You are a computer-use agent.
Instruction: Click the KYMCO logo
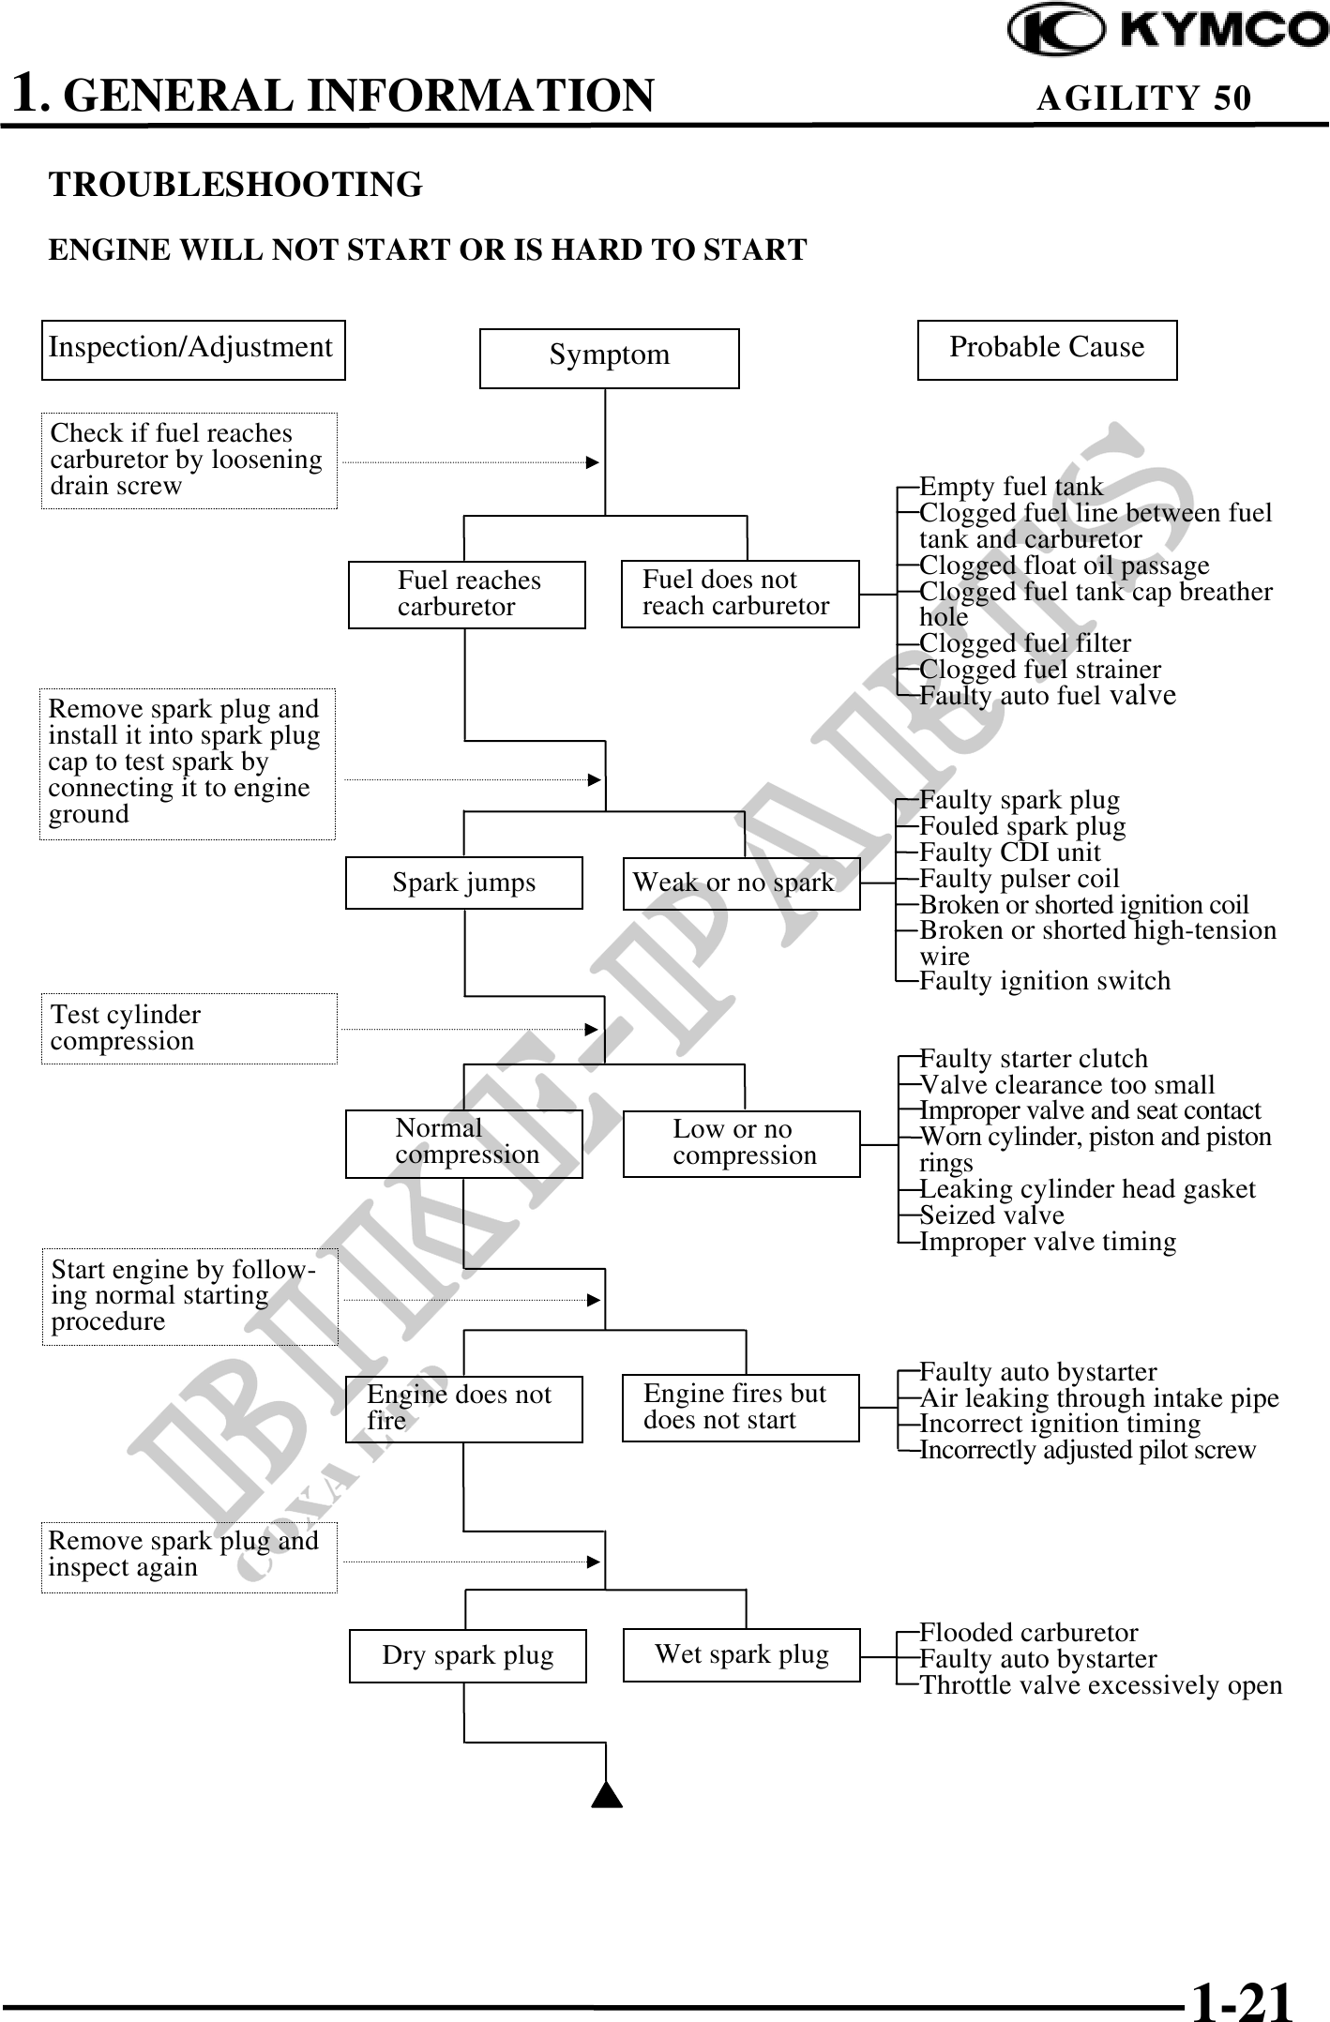[1167, 30]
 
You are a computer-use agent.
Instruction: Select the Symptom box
[609, 357]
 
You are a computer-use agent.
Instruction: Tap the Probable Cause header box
[1047, 349]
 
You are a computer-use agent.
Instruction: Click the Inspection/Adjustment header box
[193, 349]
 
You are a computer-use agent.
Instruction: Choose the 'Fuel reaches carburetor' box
[466, 594]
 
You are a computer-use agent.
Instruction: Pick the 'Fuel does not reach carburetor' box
[739, 593]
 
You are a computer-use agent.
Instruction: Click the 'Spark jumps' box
[463, 883]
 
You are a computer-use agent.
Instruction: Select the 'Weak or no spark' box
[741, 883]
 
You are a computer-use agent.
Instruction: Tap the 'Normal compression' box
[463, 1142]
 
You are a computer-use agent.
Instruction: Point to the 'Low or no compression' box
[741, 1142]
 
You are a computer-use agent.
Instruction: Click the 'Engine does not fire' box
[463, 1408]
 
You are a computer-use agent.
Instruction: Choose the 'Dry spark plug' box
[467, 1655]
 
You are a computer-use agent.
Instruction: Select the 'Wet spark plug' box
[741, 1654]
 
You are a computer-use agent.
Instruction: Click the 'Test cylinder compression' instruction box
[189, 1028]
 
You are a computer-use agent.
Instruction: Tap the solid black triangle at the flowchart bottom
[608, 1793]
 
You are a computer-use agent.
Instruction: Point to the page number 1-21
[1241, 1996]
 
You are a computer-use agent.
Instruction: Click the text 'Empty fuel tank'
[1011, 487]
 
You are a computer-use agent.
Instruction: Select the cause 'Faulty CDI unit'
[1009, 853]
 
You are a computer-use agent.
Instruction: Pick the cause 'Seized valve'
[991, 1215]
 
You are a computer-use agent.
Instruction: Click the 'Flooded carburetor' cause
[1028, 1633]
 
